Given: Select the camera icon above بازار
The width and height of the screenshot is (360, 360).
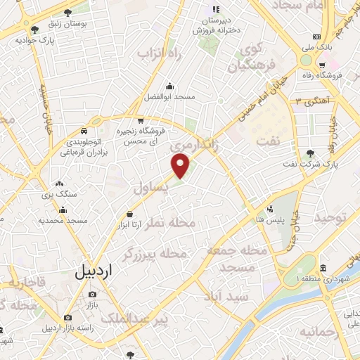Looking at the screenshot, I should [91, 293].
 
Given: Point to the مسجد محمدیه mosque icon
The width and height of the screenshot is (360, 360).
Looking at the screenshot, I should [63, 210].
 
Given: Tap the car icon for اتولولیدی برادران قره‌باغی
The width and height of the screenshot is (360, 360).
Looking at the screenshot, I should [84, 131].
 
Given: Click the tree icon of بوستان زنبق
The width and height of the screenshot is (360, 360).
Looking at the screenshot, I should [67, 13].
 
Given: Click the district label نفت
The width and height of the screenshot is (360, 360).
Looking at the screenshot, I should [269, 141].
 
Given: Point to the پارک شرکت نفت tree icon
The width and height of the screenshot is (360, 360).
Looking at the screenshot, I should [310, 153].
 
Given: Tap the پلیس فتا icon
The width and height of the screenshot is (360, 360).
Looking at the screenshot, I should [270, 209].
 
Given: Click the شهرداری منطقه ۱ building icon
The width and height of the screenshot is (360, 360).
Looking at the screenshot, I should [323, 269].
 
